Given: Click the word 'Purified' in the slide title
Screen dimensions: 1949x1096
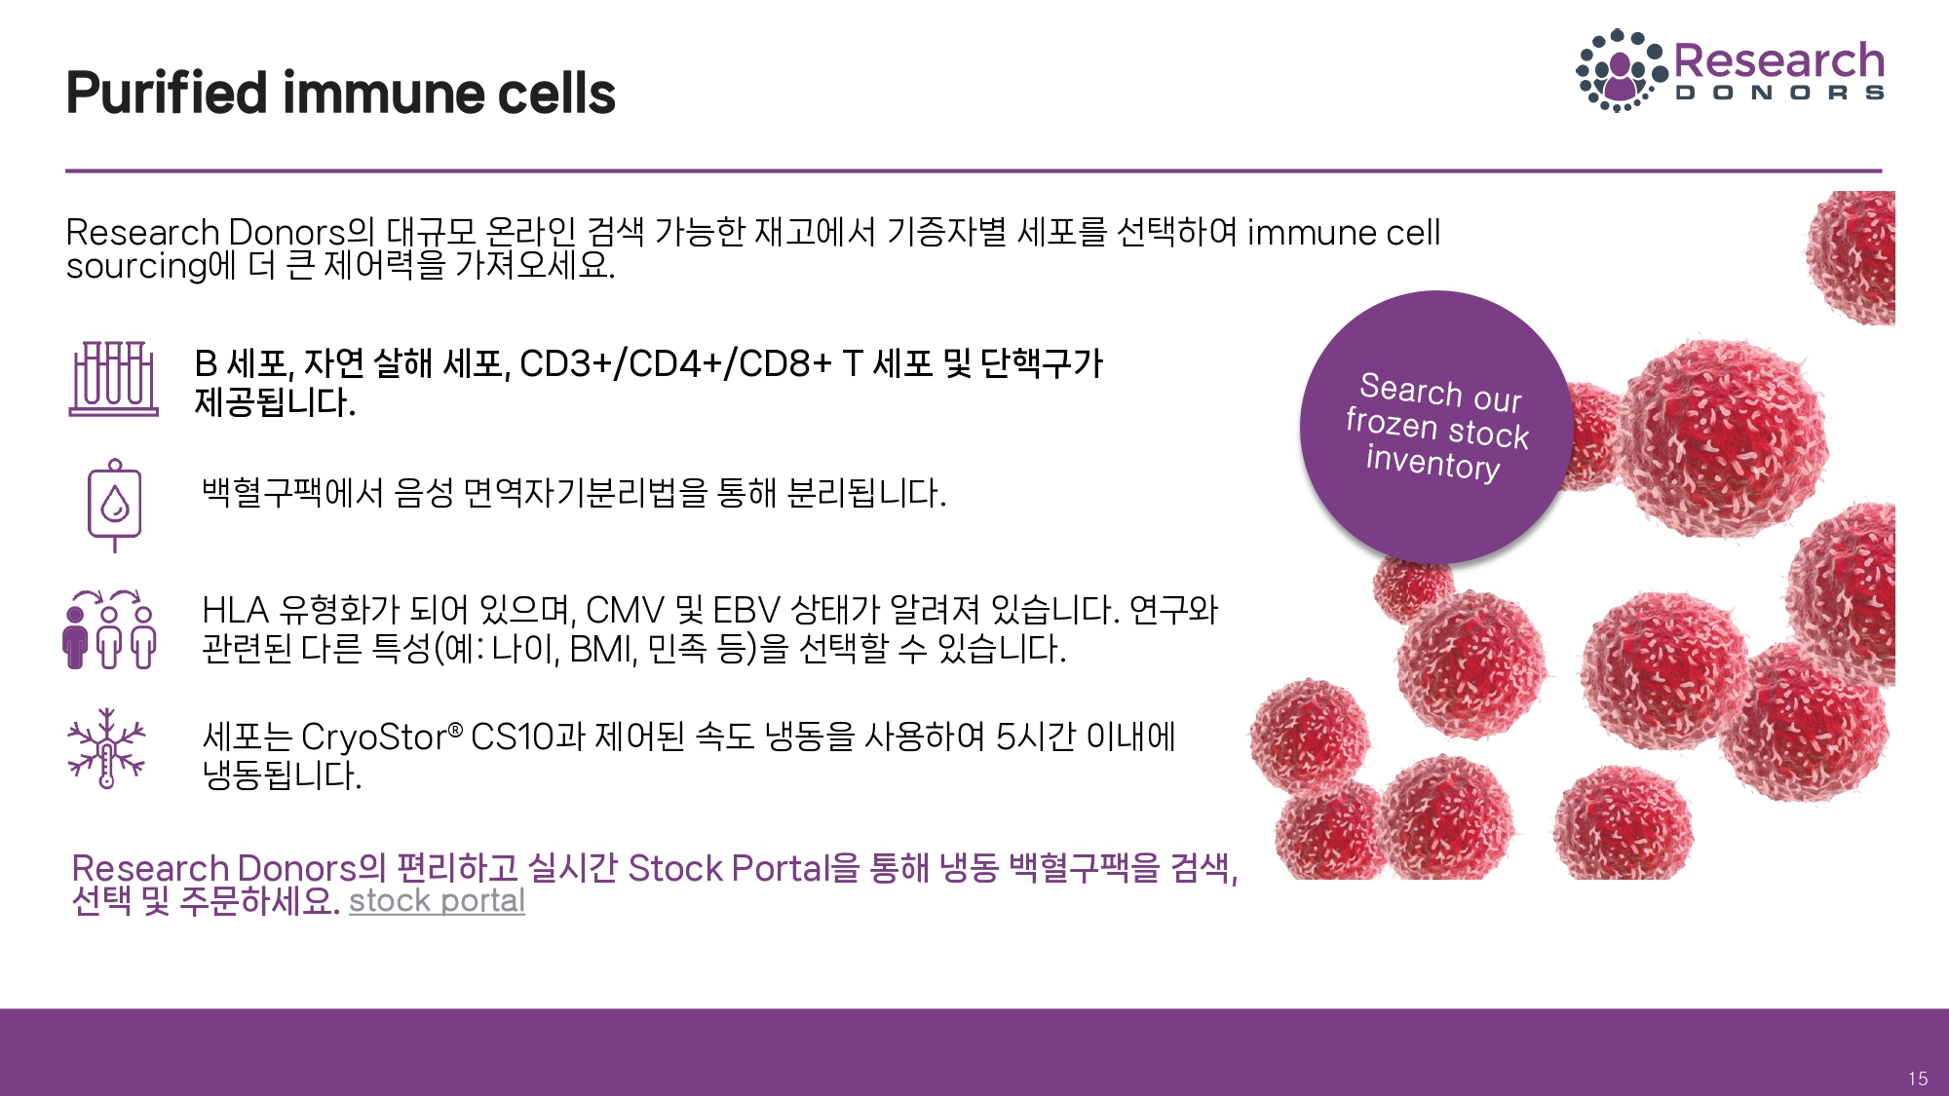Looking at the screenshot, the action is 167,94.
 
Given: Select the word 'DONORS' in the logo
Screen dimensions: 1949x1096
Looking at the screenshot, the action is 1779,94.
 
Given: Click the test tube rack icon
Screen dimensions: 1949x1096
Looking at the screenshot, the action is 113,378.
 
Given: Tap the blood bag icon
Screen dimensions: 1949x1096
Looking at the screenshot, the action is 115,506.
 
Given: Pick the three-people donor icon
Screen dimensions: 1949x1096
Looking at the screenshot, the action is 109,629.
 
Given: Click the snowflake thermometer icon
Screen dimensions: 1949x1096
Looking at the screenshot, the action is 106,748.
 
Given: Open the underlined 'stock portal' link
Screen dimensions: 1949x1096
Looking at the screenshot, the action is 437,901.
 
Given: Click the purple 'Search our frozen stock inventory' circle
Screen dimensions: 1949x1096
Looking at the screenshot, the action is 1435,427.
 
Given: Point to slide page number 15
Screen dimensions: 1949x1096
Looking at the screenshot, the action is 1918,1078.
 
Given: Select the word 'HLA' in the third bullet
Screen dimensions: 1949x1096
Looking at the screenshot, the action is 235,611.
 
